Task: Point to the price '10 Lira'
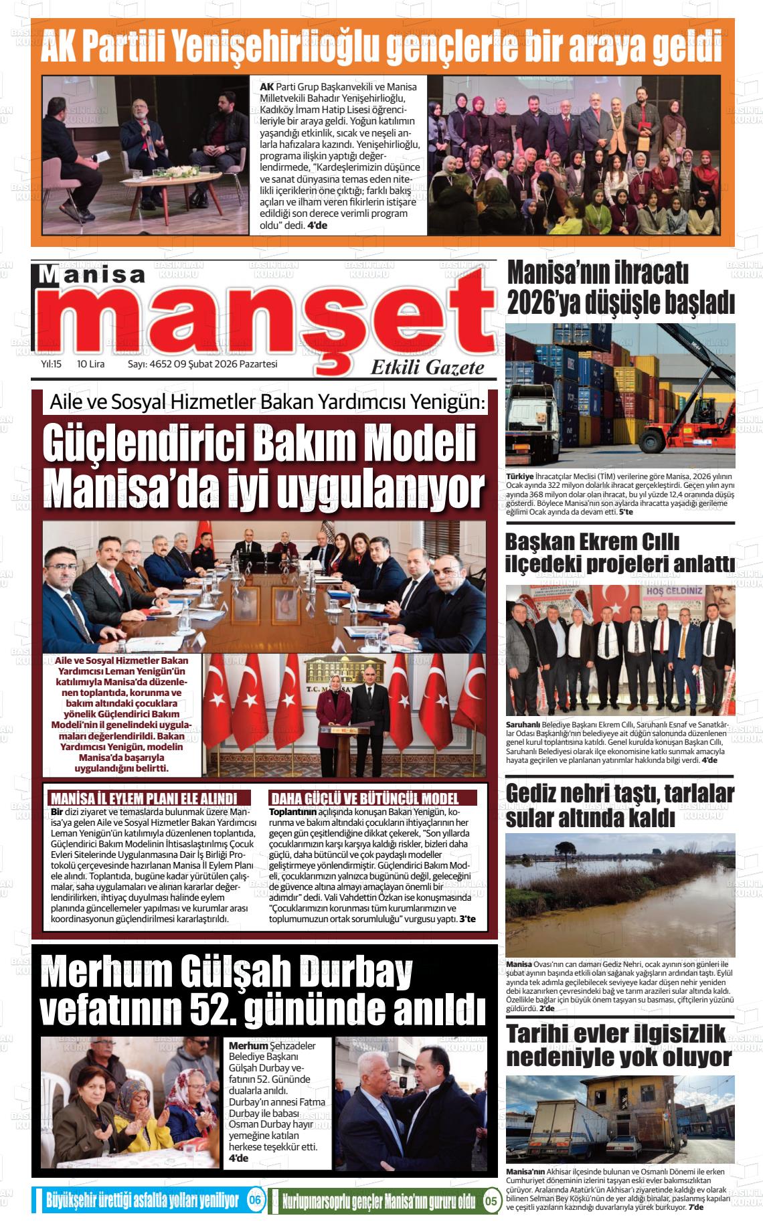91,365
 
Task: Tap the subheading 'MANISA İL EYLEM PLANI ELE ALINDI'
145,798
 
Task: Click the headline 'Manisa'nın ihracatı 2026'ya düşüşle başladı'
620,288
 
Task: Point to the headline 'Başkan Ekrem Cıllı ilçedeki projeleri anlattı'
620,553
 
